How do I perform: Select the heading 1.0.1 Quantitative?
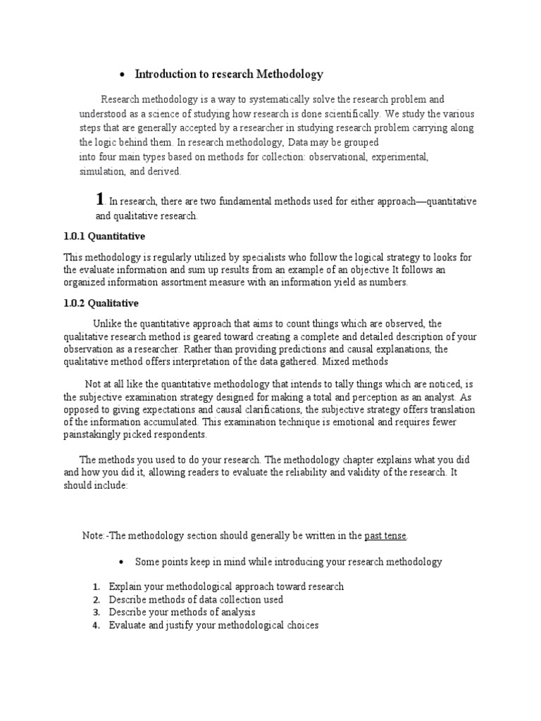point(104,236)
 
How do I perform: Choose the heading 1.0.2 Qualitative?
point(101,303)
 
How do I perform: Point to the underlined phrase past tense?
point(385,536)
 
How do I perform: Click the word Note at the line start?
point(92,536)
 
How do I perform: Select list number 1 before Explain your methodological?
point(97,587)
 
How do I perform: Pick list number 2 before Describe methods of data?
point(97,599)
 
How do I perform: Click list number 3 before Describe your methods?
point(97,612)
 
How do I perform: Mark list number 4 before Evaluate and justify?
point(97,625)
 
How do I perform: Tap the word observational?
point(335,158)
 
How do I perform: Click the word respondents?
point(183,435)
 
